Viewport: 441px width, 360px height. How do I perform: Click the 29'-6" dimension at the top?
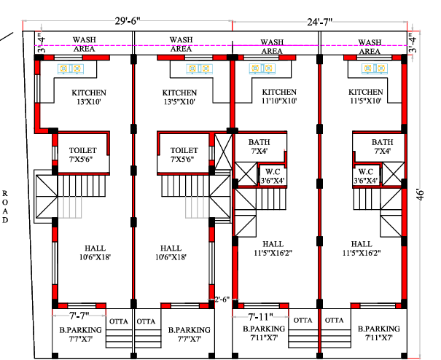coord(128,21)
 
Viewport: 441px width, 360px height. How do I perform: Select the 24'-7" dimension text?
coord(320,22)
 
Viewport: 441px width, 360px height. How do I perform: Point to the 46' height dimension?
coord(420,195)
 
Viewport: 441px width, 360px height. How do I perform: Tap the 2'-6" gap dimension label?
coord(222,300)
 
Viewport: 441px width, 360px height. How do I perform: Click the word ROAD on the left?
coord(5,207)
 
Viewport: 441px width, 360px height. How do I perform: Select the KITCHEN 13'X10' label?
coord(89,97)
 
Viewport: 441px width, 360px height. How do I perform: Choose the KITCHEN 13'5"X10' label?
coord(179,97)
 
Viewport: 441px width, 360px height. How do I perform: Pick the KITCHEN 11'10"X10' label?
coord(279,96)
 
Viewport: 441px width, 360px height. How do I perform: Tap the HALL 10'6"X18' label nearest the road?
coord(95,253)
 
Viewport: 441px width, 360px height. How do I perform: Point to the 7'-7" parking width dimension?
coord(79,316)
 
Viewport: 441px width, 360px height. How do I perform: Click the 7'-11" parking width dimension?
coord(260,317)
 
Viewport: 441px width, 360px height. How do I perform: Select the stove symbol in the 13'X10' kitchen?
coord(71,69)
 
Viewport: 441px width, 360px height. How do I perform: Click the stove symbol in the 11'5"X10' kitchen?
coord(375,69)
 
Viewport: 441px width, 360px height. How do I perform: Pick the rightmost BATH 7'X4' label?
coord(383,146)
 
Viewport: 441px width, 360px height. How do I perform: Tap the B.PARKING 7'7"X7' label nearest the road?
coord(81,334)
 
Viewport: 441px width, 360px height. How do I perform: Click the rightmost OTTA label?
coord(334,320)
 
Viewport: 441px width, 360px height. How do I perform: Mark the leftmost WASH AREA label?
coord(84,44)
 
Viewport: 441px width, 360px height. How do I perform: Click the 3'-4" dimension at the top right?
coord(413,43)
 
